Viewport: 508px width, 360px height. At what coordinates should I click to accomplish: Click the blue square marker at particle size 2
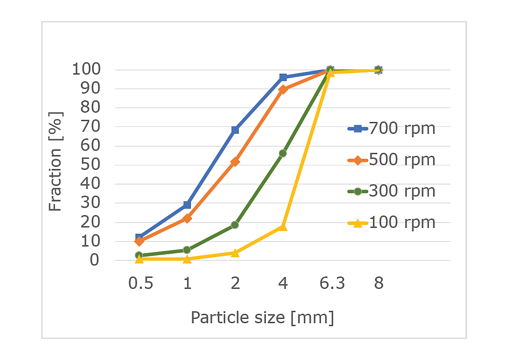(235, 130)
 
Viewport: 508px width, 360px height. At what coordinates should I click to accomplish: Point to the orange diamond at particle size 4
(283, 89)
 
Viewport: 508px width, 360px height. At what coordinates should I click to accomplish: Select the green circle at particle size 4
(283, 153)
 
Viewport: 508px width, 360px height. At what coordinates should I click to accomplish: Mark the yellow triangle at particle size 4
(283, 227)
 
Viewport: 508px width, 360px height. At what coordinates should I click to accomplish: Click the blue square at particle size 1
(187, 205)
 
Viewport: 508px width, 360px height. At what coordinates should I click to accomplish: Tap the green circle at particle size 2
(235, 225)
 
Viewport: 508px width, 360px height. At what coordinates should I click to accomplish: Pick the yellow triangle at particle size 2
(235, 253)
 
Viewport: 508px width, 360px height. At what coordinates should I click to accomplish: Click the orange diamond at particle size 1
(187, 218)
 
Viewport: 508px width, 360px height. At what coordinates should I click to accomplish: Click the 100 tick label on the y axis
(86, 69)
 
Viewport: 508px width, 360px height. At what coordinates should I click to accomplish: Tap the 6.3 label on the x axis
(332, 283)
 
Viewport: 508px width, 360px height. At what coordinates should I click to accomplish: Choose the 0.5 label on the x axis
(141, 283)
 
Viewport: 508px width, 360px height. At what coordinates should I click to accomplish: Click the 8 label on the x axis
(378, 283)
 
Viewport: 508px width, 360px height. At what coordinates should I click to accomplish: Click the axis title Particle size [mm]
(262, 317)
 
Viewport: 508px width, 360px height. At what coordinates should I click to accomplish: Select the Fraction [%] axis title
(55, 161)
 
